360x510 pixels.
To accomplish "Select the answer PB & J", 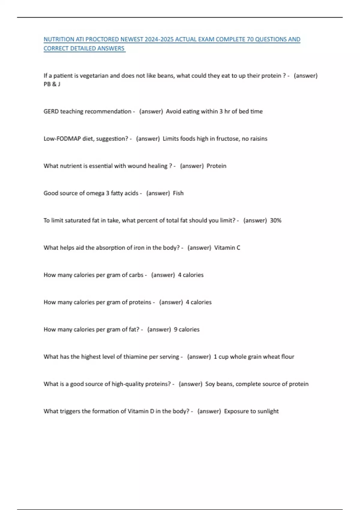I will coord(52,84).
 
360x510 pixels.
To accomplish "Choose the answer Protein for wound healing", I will coord(216,166).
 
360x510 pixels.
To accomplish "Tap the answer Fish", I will coord(178,193).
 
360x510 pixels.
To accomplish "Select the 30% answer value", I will coord(276,220).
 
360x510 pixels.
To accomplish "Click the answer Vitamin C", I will coord(227,248).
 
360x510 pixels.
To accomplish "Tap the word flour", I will coord(288,357).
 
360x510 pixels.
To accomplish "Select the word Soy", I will coord(210,384).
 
